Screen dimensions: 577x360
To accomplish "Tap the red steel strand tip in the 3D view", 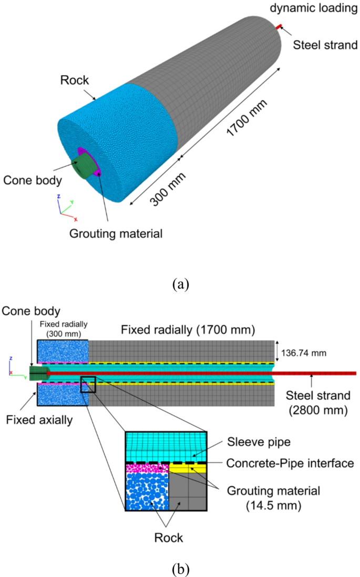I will pos(280,26).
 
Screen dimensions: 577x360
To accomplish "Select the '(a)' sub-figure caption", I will pos(180,285).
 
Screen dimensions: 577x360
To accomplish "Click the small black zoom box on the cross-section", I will pos(88,385).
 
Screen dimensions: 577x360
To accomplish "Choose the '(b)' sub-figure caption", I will pos(180,568).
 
